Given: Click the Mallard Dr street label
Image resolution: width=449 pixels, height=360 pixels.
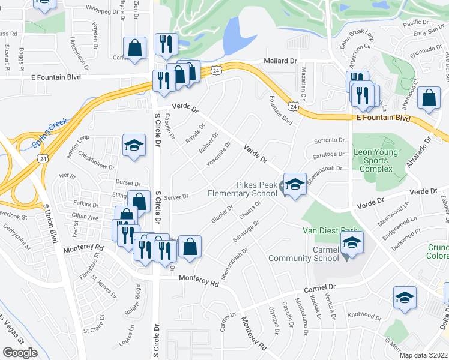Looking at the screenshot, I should click(x=281, y=61).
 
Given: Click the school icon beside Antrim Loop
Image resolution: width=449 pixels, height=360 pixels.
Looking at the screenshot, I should click(x=134, y=145).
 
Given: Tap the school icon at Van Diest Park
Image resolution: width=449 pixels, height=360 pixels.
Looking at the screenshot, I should click(x=352, y=242).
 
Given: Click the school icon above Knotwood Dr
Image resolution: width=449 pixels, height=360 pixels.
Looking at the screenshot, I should click(x=405, y=297).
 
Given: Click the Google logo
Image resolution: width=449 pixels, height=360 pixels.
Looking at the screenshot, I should click(x=20, y=352).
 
